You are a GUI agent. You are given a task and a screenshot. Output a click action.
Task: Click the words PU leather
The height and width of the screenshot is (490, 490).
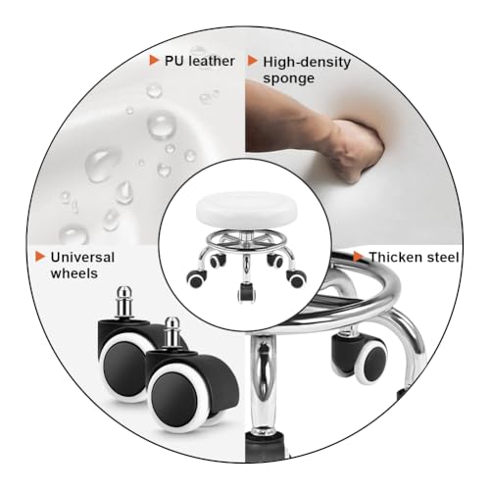tap(200, 61)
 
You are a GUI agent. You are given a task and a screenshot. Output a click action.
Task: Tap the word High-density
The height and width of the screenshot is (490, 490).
tap(307, 63)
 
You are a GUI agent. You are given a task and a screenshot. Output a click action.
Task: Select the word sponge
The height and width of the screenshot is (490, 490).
tap(289, 79)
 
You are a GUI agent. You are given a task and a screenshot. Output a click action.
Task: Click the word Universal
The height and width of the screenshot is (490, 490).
tap(82, 258)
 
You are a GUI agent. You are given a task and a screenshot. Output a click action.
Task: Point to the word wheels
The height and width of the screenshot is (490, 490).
tap(74, 273)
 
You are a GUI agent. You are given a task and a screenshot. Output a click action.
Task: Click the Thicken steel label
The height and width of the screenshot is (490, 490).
tap(414, 258)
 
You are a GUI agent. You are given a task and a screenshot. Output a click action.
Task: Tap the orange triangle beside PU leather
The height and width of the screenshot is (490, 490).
tap(154, 61)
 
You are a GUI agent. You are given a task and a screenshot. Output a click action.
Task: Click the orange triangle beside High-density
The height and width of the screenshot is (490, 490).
tap(253, 61)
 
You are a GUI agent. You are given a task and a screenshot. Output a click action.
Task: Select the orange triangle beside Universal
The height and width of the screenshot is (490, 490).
tap(40, 257)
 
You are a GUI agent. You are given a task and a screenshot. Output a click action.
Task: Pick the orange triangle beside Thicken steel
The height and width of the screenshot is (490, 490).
tap(359, 257)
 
